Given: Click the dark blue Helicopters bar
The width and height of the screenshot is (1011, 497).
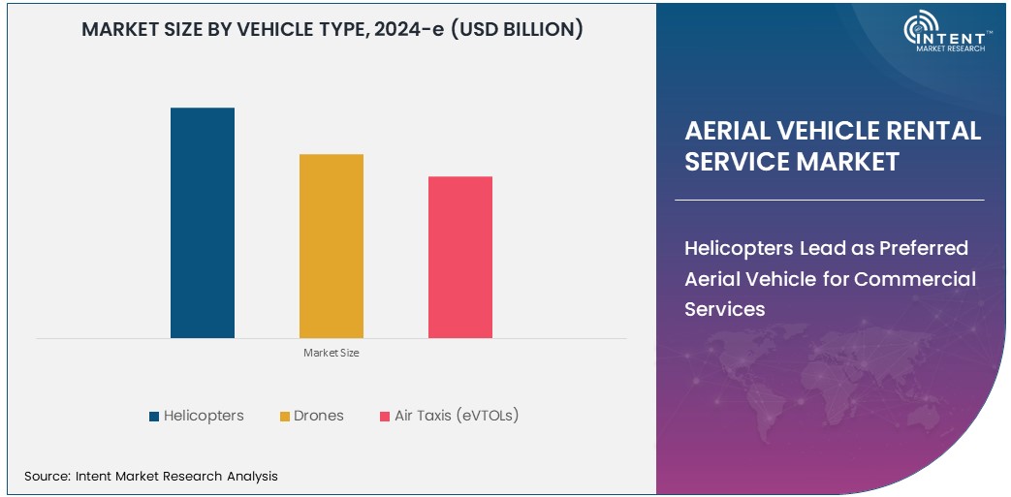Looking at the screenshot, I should point(202,223).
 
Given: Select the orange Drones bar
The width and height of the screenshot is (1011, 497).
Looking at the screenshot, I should point(331,246).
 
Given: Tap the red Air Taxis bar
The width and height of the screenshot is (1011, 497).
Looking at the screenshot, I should point(459,257).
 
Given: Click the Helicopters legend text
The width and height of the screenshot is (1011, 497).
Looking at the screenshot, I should point(204,416).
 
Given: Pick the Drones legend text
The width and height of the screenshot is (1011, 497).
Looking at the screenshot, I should point(319,416).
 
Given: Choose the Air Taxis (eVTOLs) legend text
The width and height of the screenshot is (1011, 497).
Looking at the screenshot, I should point(457,416).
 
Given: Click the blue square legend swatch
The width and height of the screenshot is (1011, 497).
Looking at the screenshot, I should point(154,417).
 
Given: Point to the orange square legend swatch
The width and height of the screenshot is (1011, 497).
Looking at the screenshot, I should point(285,417).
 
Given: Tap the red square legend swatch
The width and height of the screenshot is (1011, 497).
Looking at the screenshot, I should point(385,417).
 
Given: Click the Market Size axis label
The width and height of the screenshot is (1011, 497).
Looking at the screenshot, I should point(331,353).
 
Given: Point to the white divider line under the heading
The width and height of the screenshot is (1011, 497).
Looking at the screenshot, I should point(829,200).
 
